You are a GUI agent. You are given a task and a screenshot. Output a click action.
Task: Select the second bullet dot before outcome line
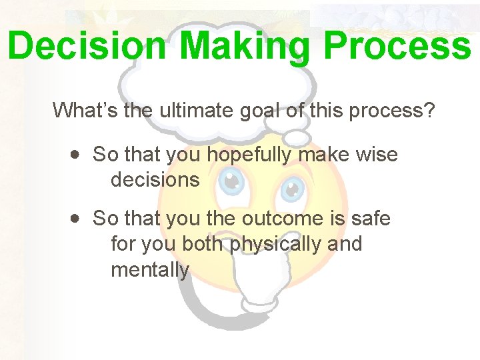click(x=77, y=218)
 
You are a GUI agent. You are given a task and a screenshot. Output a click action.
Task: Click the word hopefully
click(x=248, y=155)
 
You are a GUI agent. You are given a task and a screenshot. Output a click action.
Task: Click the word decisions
click(x=155, y=179)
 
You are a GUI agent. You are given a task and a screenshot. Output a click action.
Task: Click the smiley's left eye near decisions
click(x=231, y=181)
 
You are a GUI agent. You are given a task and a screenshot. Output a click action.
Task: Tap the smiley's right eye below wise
click(x=292, y=189)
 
